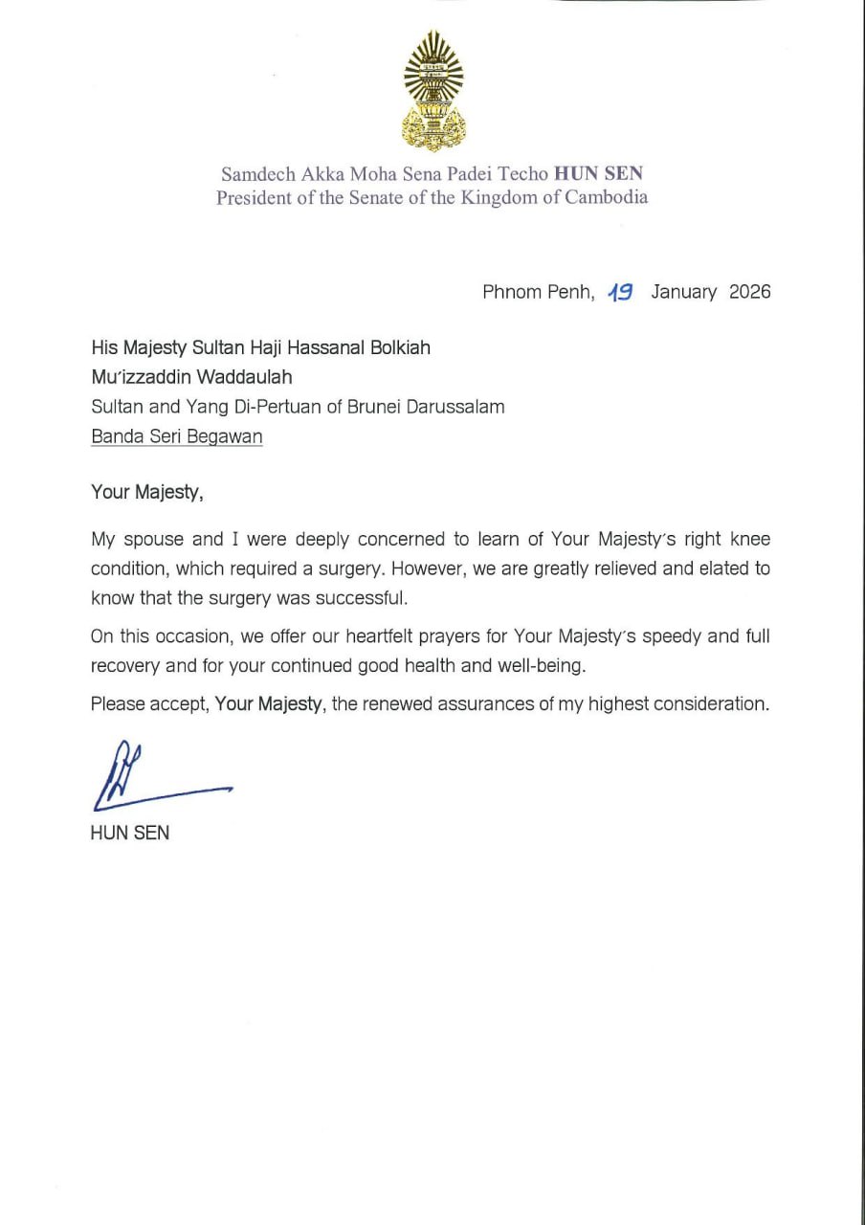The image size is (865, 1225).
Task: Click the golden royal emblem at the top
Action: point(433,91)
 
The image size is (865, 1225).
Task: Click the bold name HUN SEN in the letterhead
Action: point(598,174)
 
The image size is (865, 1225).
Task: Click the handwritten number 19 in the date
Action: point(620,292)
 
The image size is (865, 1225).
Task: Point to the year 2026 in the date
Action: point(749,292)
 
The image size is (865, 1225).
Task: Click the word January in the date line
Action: point(683,292)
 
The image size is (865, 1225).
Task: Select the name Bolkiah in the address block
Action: point(396,347)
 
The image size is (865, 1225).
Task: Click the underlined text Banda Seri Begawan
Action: point(176,436)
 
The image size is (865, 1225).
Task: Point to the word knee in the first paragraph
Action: point(749,539)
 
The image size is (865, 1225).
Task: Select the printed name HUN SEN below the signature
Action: point(130,833)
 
